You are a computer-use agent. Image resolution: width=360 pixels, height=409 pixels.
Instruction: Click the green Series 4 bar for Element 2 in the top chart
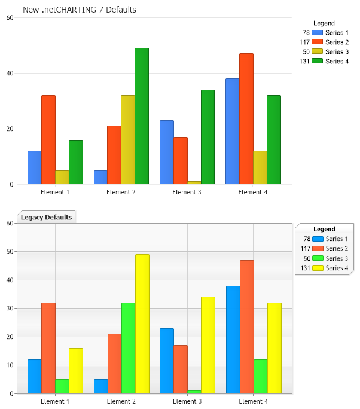click(142, 116)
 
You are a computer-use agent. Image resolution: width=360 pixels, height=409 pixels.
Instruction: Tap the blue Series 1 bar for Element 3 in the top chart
click(167, 152)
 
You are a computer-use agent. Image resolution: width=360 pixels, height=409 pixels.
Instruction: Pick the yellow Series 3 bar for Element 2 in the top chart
click(128, 140)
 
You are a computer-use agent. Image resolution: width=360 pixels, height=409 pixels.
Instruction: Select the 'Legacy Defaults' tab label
click(47, 218)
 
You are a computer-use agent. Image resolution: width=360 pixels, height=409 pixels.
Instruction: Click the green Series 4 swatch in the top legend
click(318, 62)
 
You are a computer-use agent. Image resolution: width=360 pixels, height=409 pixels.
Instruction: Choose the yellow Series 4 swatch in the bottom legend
click(318, 268)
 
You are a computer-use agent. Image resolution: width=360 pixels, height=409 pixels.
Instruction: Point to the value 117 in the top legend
click(304, 42)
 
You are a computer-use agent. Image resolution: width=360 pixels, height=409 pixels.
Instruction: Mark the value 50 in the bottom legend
click(307, 259)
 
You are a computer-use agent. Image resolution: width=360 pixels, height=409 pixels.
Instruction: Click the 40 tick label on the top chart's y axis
click(10, 74)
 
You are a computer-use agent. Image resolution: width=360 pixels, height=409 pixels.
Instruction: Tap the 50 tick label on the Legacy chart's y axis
click(10, 252)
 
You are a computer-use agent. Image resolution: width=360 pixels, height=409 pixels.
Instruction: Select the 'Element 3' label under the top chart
click(187, 193)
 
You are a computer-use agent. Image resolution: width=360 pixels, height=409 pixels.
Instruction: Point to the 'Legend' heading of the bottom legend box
click(325, 229)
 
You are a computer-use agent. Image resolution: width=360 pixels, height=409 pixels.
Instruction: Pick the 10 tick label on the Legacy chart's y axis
click(10, 365)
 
